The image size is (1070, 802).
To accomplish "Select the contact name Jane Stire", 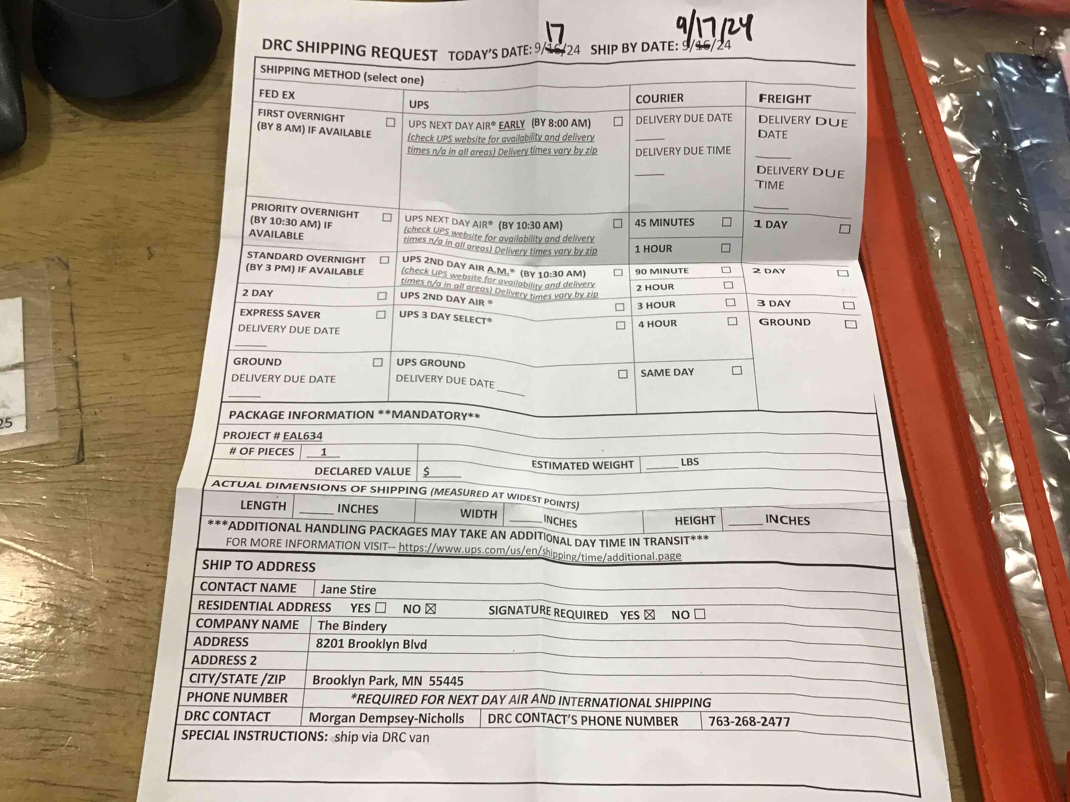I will pyautogui.click(x=348, y=589).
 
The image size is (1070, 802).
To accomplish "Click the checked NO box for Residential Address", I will pyautogui.click(x=430, y=609).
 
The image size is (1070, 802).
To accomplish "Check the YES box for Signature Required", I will pyautogui.click(x=649, y=614).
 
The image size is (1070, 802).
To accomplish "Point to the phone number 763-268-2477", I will pyautogui.click(x=749, y=722).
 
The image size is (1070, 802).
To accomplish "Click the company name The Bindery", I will pyautogui.click(x=352, y=626).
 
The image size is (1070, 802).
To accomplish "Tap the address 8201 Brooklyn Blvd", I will pyautogui.click(x=371, y=644).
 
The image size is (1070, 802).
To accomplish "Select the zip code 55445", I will pyautogui.click(x=446, y=681).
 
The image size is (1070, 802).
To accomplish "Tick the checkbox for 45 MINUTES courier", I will pyautogui.click(x=726, y=222).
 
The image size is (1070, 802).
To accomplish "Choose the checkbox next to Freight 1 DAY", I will pyautogui.click(x=844, y=229).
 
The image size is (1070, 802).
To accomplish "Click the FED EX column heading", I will pyautogui.click(x=277, y=94).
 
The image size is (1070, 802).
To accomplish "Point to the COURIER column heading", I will pyautogui.click(x=659, y=99).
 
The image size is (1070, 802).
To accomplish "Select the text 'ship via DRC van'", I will pyautogui.click(x=382, y=737).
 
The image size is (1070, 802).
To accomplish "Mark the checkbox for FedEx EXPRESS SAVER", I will pyautogui.click(x=381, y=315).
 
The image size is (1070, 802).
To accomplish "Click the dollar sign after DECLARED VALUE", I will pyautogui.click(x=426, y=471).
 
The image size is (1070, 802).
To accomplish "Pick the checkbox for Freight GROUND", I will pyautogui.click(x=850, y=324).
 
